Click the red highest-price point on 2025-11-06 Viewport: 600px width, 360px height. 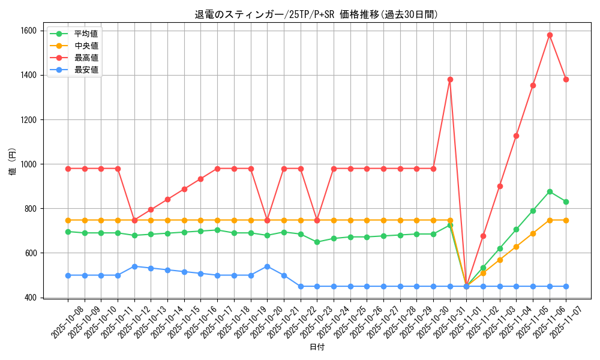(x=550, y=35)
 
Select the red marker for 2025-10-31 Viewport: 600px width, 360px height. (x=450, y=79)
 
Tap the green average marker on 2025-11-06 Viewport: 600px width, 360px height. (x=550, y=191)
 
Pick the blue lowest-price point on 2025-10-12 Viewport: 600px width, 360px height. (x=134, y=266)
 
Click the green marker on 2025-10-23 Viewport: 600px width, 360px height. (x=317, y=242)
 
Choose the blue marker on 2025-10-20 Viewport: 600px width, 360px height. (x=267, y=266)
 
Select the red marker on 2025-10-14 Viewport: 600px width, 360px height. (x=167, y=199)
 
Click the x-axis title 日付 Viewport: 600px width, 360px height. (x=317, y=347)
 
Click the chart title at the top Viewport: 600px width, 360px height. (x=317, y=14)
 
